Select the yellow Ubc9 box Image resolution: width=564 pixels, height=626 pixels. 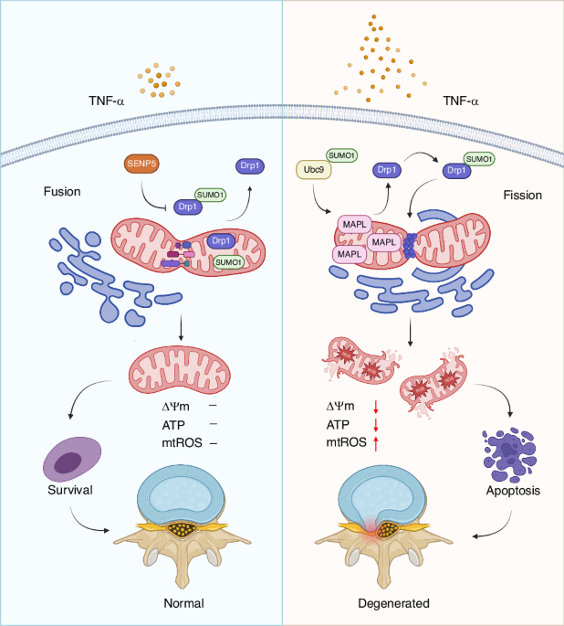pyautogui.click(x=312, y=169)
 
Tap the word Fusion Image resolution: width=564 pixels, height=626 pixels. pyautogui.click(x=63, y=194)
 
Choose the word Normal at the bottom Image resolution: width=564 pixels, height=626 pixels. pyautogui.click(x=183, y=603)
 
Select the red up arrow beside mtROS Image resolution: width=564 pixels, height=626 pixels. pyautogui.click(x=374, y=443)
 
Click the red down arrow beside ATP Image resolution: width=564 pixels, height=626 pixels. pyautogui.click(x=374, y=425)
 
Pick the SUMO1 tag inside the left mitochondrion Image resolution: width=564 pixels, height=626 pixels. pyautogui.click(x=228, y=262)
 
